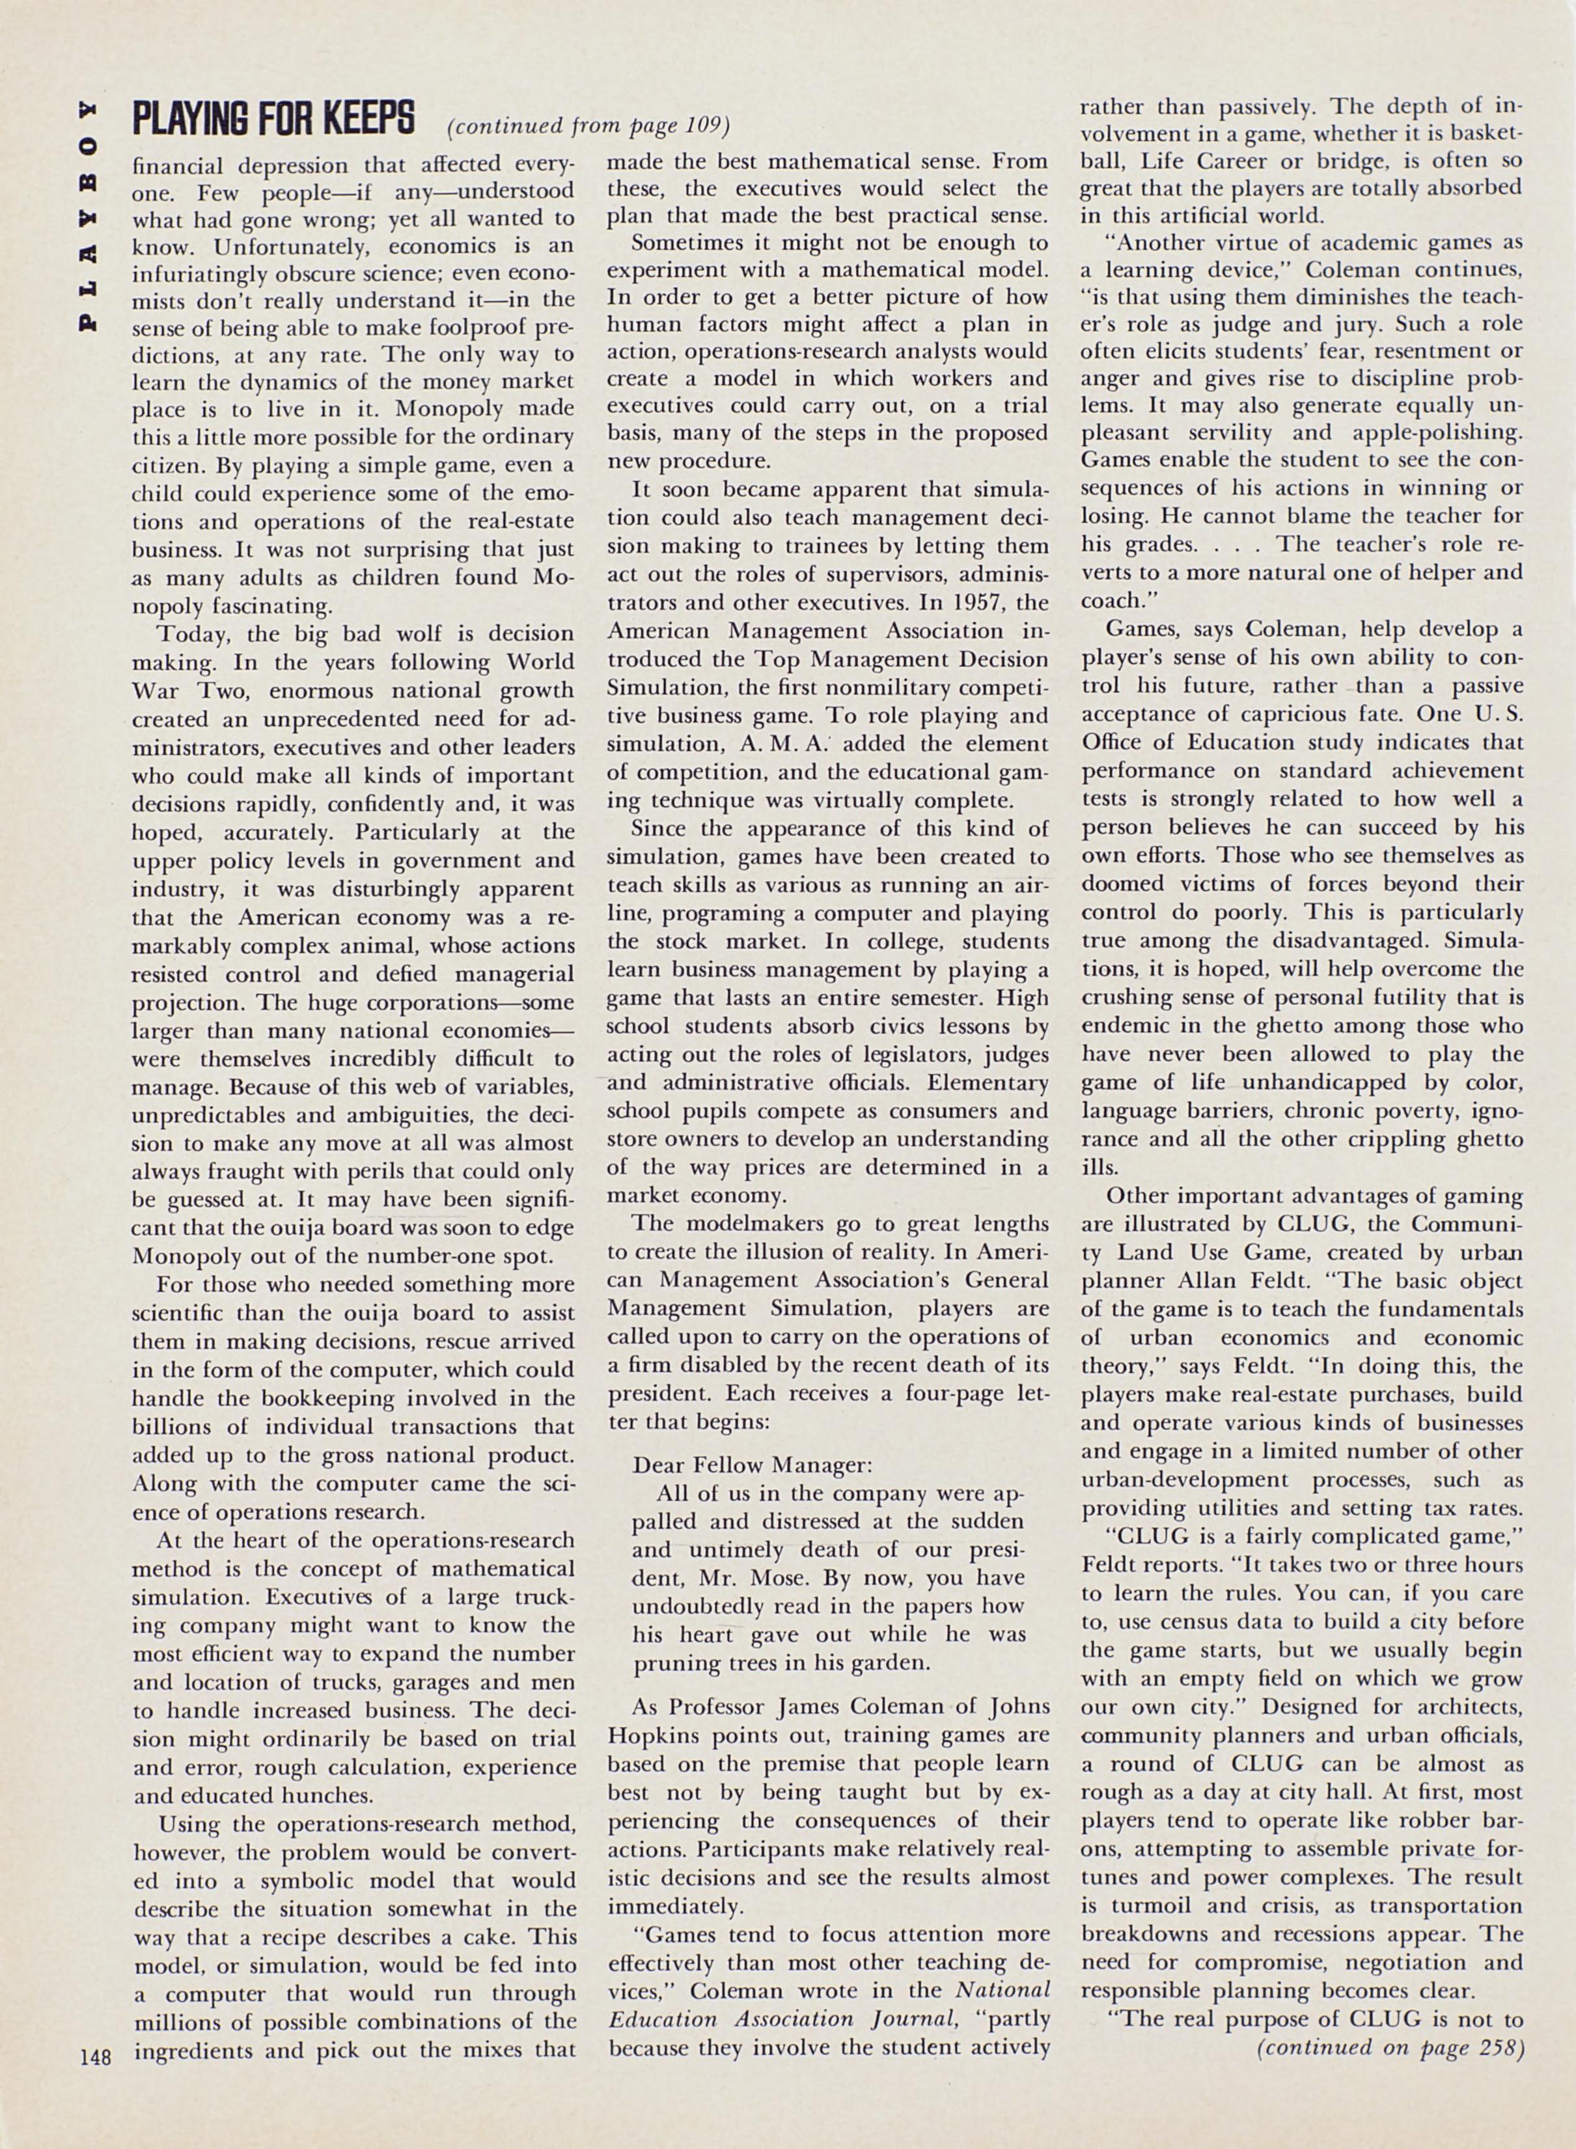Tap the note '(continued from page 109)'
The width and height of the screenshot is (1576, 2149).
pyautogui.click(x=588, y=125)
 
